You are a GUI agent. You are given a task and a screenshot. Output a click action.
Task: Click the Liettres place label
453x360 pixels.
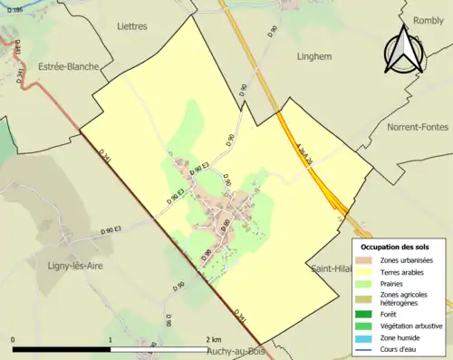click(x=131, y=26)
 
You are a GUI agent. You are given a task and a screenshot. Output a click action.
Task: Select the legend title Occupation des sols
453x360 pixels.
click(x=401, y=247)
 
